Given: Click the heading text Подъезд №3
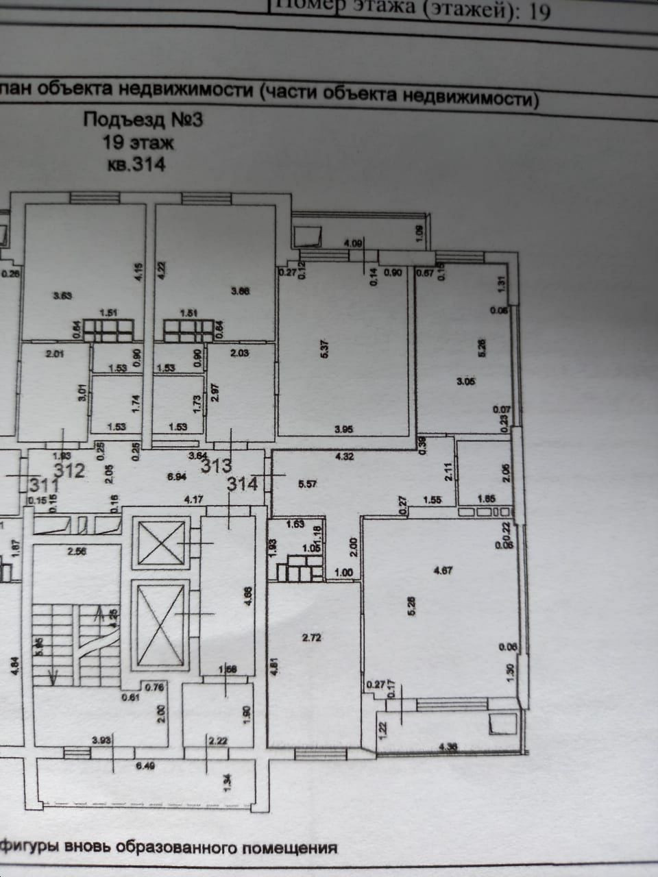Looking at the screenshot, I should tap(143, 120).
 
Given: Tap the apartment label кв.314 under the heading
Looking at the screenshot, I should tap(137, 165).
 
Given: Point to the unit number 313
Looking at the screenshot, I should tap(216, 466).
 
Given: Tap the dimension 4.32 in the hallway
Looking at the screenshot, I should tap(344, 456).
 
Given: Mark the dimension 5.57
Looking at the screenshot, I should tap(310, 484).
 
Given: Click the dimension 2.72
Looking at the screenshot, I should tap(312, 638).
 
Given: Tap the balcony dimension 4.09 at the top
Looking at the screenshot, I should tap(352, 243).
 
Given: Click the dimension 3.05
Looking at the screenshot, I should tap(466, 382).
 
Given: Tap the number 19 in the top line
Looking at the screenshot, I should tap(539, 12).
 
